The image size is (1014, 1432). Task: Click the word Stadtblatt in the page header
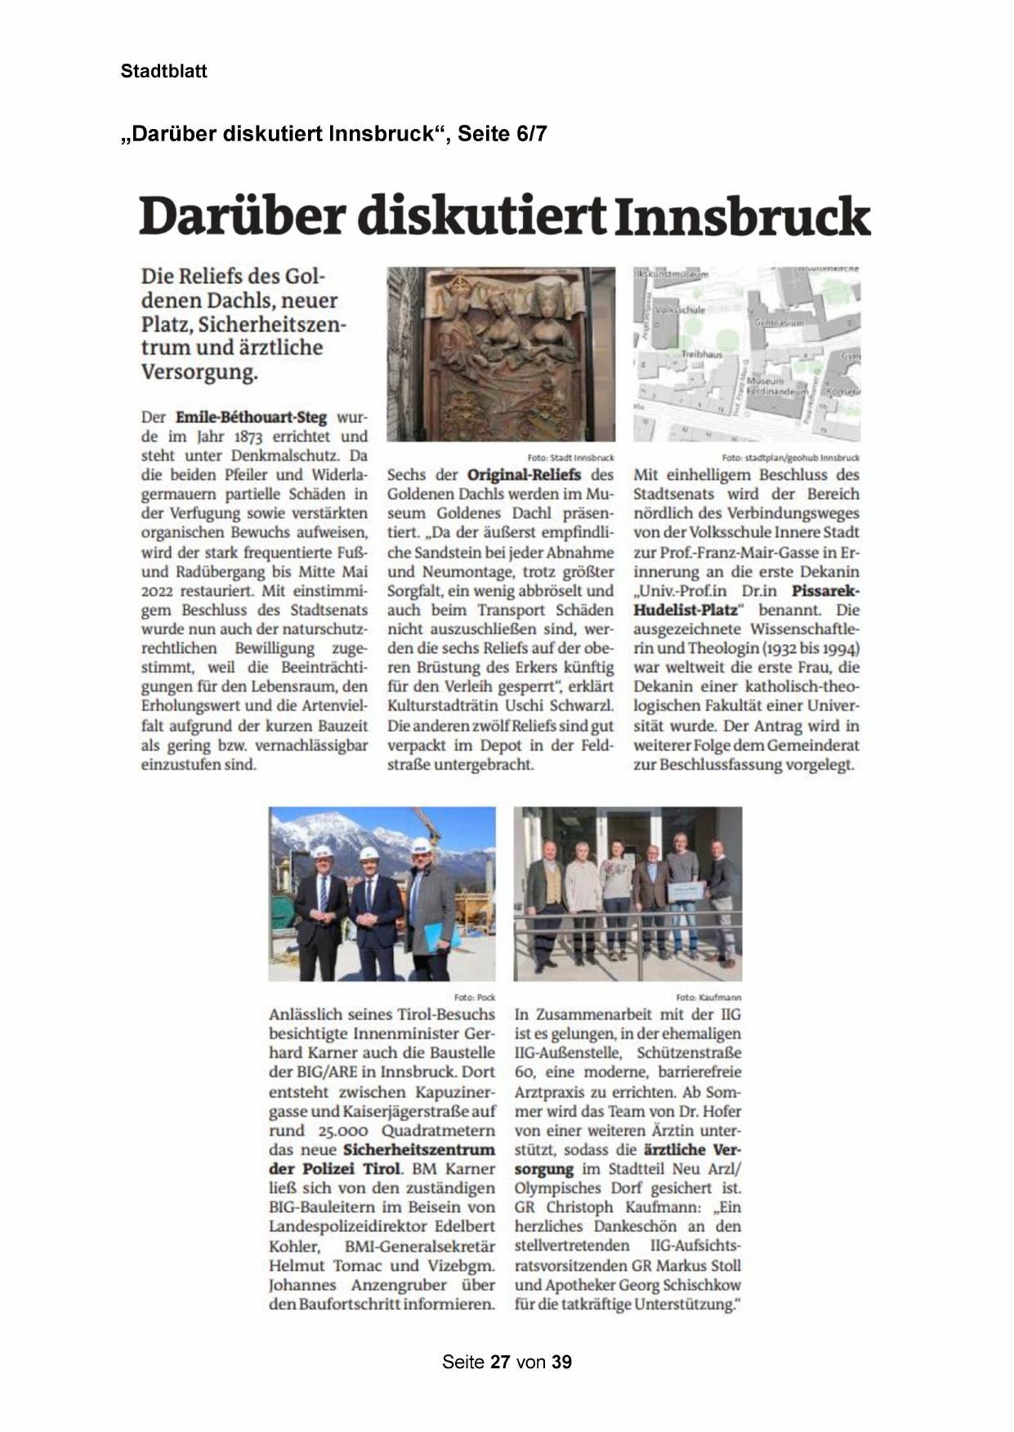[163, 71]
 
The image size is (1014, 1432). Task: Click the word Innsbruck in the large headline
[742, 216]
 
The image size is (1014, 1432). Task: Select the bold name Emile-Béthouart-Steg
[251, 417]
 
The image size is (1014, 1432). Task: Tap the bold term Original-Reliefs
[524, 474]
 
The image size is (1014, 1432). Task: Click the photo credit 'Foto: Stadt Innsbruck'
[570, 458]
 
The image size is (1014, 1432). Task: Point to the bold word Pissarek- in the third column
[825, 590]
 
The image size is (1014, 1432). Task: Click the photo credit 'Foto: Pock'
[475, 998]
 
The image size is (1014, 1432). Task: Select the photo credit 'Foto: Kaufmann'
[708, 998]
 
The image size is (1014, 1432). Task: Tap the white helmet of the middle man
[369, 854]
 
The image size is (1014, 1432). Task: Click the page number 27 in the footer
[500, 1362]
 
